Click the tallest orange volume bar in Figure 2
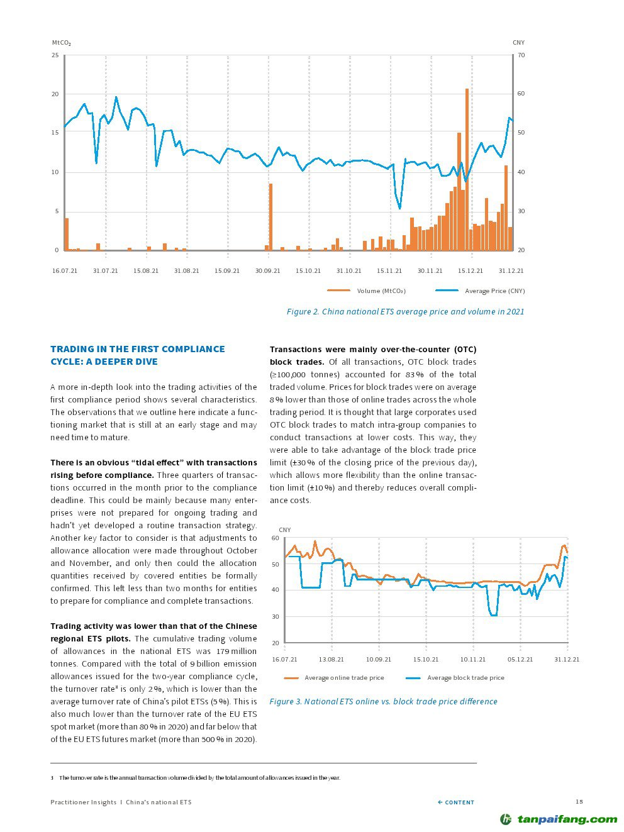pyautogui.click(x=467, y=170)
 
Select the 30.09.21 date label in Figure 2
pyautogui.click(x=267, y=271)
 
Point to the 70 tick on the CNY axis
pyautogui.click(x=521, y=55)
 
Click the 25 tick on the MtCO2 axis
pyautogui.click(x=55, y=55)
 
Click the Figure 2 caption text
pyautogui.click(x=405, y=311)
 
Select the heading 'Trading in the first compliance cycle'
pyautogui.click(x=137, y=355)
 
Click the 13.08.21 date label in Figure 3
pyautogui.click(x=331, y=660)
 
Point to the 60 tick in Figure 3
pyautogui.click(x=275, y=538)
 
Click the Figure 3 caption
pyautogui.click(x=383, y=701)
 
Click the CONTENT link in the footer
pyautogui.click(x=456, y=802)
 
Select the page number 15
pyautogui.click(x=579, y=801)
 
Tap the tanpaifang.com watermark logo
pyautogui.click(x=559, y=819)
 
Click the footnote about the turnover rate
pyautogui.click(x=199, y=778)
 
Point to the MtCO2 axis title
pyautogui.click(x=61, y=43)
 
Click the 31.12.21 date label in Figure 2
pyautogui.click(x=511, y=271)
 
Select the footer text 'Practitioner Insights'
pyautogui.click(x=84, y=802)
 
